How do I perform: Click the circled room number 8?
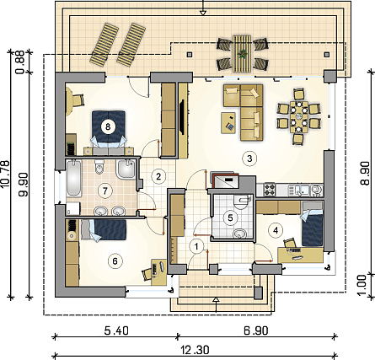(108, 126)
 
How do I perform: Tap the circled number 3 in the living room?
(249, 159)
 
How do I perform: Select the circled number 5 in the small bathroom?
(230, 218)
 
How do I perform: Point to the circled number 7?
(105, 191)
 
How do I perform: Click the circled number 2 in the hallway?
(158, 176)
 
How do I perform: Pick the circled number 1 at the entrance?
(196, 247)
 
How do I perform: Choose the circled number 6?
(115, 261)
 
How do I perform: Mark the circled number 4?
(276, 230)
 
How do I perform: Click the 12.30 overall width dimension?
(195, 350)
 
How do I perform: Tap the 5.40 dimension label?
(116, 330)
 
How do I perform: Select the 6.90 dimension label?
(256, 330)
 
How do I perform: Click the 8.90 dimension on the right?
(365, 173)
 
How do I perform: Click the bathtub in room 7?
(73, 178)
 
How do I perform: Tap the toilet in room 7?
(99, 167)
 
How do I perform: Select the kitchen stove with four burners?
(270, 190)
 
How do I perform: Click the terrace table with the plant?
(241, 53)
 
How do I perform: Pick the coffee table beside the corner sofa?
(228, 123)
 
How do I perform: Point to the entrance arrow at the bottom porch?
(216, 304)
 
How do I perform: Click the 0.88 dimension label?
(20, 62)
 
